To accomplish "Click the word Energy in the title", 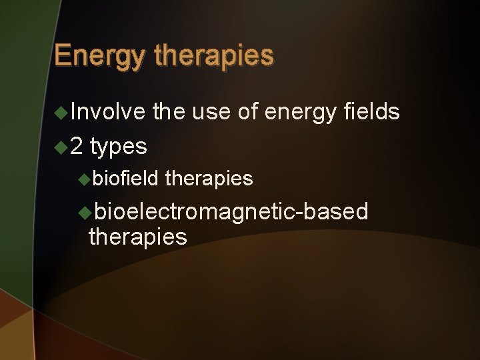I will [x=100, y=56].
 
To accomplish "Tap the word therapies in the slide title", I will [x=213, y=56].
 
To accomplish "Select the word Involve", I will [x=107, y=112].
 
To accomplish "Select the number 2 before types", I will [x=77, y=145].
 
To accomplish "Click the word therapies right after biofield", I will [x=209, y=179].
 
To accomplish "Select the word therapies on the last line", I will [x=137, y=237].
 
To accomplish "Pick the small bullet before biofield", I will [x=84, y=179].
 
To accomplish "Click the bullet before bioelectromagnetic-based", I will [x=84, y=212].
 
